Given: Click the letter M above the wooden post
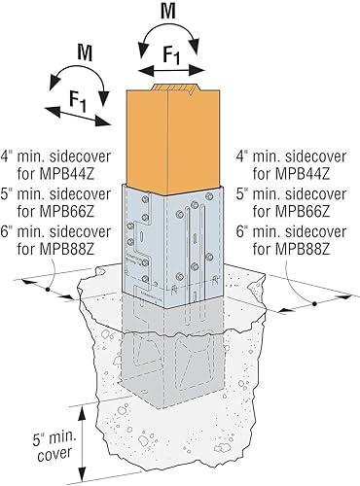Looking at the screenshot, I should [167, 12].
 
